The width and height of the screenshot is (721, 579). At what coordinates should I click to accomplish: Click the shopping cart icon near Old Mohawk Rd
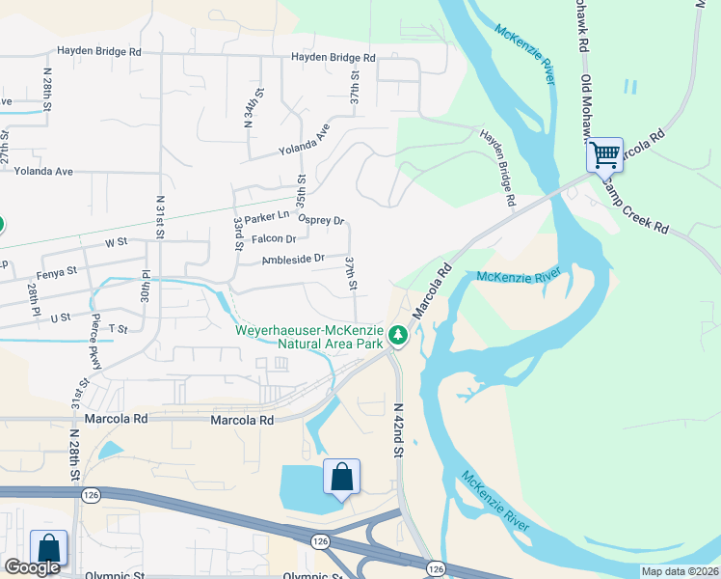point(604,153)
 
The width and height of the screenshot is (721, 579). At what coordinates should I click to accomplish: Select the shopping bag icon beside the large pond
point(341,477)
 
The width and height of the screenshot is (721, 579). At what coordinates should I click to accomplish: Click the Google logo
point(32,567)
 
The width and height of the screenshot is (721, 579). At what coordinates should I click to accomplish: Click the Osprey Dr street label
point(321,219)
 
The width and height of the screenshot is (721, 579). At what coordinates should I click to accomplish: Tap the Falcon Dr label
point(274,238)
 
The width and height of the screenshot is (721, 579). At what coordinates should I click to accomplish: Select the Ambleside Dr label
point(293,259)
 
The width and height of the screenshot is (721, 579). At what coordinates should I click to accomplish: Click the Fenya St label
point(57,273)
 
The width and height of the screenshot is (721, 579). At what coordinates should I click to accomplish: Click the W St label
point(116,242)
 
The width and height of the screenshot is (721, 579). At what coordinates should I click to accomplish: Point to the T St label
point(118,329)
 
